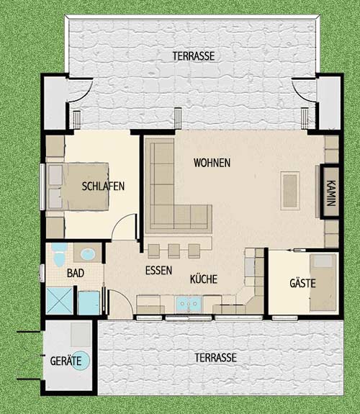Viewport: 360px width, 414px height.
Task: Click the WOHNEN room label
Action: [212, 163]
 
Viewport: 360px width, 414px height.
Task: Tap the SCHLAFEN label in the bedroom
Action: [103, 186]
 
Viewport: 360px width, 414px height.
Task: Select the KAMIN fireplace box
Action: [330, 192]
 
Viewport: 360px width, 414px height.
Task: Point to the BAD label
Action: [76, 274]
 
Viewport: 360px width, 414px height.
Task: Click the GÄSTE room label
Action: [302, 283]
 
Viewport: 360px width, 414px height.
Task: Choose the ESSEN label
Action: [158, 271]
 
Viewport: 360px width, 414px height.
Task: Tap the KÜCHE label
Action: [204, 279]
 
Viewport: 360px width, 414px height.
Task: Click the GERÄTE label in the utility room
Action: [66, 361]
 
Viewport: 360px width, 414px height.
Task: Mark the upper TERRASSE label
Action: [194, 56]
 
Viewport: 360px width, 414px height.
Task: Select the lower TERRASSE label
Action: [215, 358]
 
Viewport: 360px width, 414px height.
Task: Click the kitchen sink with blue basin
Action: [189, 304]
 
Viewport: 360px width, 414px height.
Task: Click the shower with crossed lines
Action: [60, 301]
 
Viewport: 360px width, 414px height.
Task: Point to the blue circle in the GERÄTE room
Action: [81, 361]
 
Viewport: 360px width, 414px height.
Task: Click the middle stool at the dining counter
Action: [174, 251]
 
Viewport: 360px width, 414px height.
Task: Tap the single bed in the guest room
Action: [323, 282]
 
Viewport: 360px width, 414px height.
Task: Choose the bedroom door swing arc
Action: [122, 223]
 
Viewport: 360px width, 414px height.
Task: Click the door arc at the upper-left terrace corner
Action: [84, 92]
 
